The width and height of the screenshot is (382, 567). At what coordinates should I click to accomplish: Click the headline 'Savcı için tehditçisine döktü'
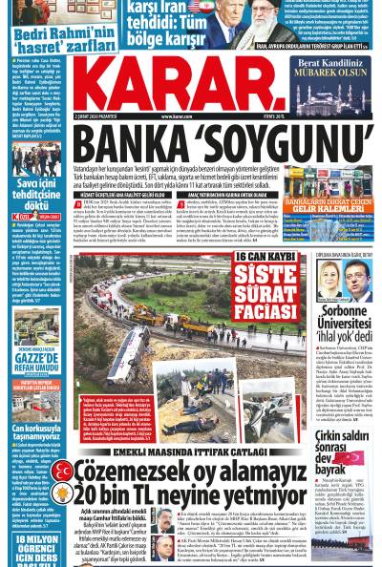pyautogui.click(x=32, y=198)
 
